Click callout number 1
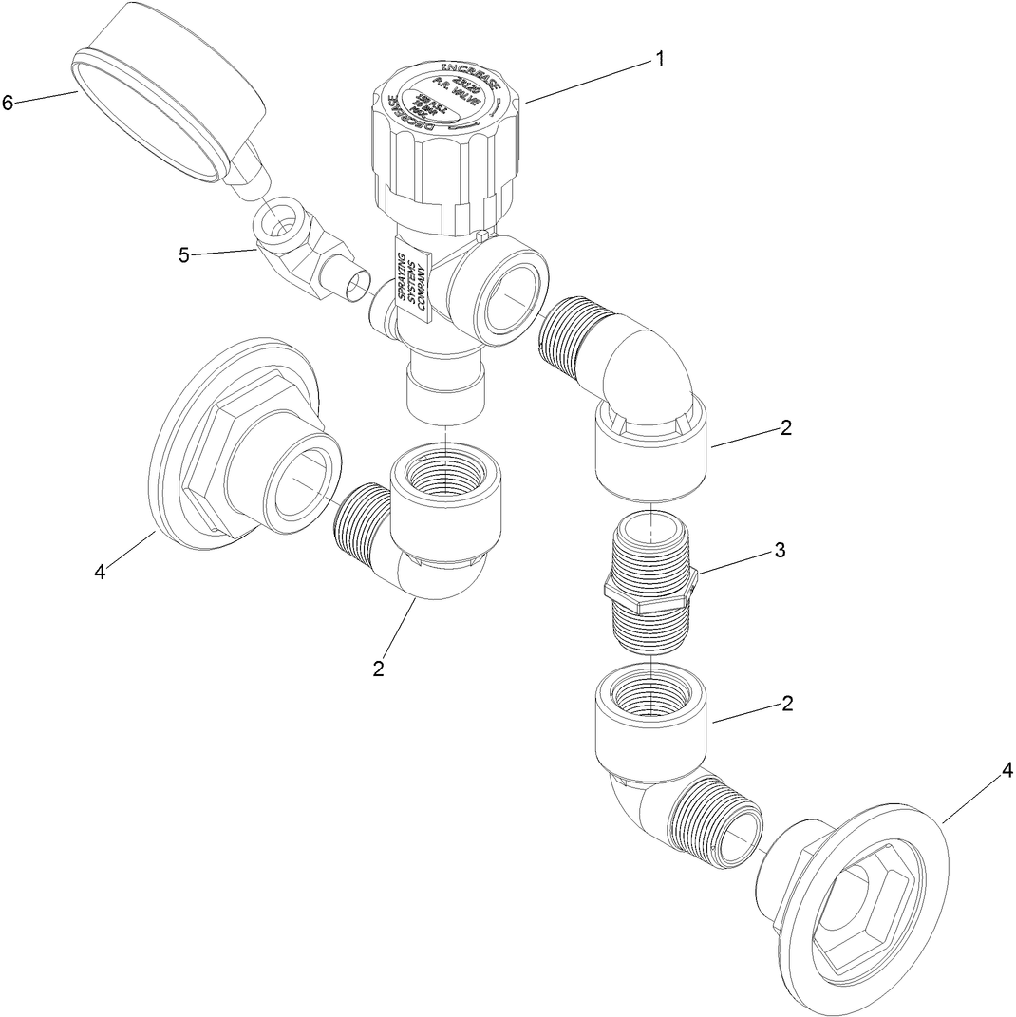(658, 59)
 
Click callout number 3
(780, 550)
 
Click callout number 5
(184, 254)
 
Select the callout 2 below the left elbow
(379, 669)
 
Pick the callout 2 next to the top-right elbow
(785, 427)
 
